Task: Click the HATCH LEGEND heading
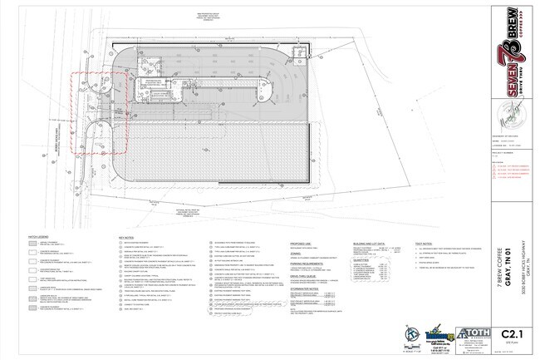tap(39, 237)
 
